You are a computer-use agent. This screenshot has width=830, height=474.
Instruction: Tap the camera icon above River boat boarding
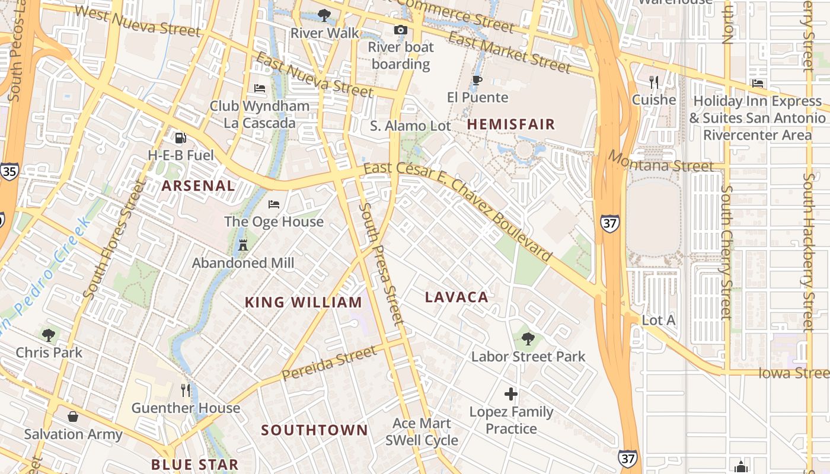pyautogui.click(x=401, y=30)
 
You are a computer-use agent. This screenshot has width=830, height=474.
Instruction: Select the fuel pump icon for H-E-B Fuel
pyautogui.click(x=180, y=138)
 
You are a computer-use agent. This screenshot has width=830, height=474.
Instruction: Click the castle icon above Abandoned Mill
pyautogui.click(x=242, y=245)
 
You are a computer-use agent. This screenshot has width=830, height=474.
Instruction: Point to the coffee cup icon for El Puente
pyautogui.click(x=477, y=81)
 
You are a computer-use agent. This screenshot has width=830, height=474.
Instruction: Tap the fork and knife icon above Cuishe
pyautogui.click(x=654, y=82)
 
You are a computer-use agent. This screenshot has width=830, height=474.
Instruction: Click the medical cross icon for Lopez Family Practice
pyautogui.click(x=510, y=394)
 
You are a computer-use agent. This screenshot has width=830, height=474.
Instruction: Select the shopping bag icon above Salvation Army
pyautogui.click(x=73, y=417)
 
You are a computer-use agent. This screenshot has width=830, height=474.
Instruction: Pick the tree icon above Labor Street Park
pyautogui.click(x=528, y=339)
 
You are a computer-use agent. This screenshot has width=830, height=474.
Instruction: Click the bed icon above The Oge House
pyautogui.click(x=273, y=204)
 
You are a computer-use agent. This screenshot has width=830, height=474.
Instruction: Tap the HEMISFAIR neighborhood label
pyautogui.click(x=511, y=124)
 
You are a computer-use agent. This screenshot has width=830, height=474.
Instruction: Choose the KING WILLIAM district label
pyautogui.click(x=304, y=302)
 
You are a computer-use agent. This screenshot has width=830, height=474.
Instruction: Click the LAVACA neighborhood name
pyautogui.click(x=456, y=297)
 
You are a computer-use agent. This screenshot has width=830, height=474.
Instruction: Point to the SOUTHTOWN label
pyautogui.click(x=314, y=430)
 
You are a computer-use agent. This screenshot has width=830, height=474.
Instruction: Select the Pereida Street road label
pyautogui.click(x=329, y=363)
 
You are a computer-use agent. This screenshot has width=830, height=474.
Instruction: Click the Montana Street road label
pyautogui.click(x=661, y=162)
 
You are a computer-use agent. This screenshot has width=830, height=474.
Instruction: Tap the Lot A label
pyautogui.click(x=659, y=320)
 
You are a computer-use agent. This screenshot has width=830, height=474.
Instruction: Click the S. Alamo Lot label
pyautogui.click(x=410, y=126)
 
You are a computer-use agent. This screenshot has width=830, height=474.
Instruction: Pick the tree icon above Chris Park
pyautogui.click(x=49, y=335)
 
